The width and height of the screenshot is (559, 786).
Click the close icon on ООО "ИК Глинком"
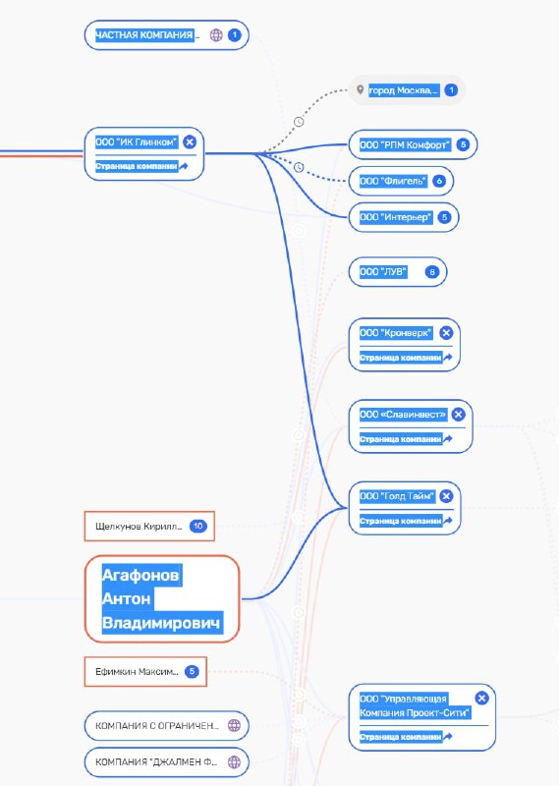coord(190,142)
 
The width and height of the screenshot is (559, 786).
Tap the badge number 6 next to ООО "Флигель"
coord(439,181)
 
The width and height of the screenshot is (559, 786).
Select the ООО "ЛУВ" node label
coord(383,272)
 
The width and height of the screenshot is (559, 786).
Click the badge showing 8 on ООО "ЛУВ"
coord(431,272)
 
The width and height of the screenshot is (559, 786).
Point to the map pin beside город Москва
coord(360,90)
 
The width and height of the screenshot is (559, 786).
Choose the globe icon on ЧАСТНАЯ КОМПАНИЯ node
coord(216,35)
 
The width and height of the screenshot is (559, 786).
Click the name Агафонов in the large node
coord(140,575)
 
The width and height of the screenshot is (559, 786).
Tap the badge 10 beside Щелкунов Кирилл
coord(198,527)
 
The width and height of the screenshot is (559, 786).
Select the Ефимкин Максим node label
coord(137,672)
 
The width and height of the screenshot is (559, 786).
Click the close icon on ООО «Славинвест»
coord(458,415)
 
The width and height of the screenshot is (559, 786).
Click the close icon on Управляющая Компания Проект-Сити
coord(481,699)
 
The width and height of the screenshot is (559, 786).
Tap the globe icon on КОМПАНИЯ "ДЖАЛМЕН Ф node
coord(234,762)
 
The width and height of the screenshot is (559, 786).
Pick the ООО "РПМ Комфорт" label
coord(405,144)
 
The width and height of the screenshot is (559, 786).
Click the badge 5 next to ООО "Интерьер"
coord(444,217)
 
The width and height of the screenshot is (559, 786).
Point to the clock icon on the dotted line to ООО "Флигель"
coord(299,167)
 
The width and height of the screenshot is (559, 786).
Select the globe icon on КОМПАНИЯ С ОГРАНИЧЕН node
coord(234,725)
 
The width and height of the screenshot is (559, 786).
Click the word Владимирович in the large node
coord(161,623)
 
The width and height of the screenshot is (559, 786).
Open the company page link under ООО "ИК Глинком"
coord(141,166)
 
